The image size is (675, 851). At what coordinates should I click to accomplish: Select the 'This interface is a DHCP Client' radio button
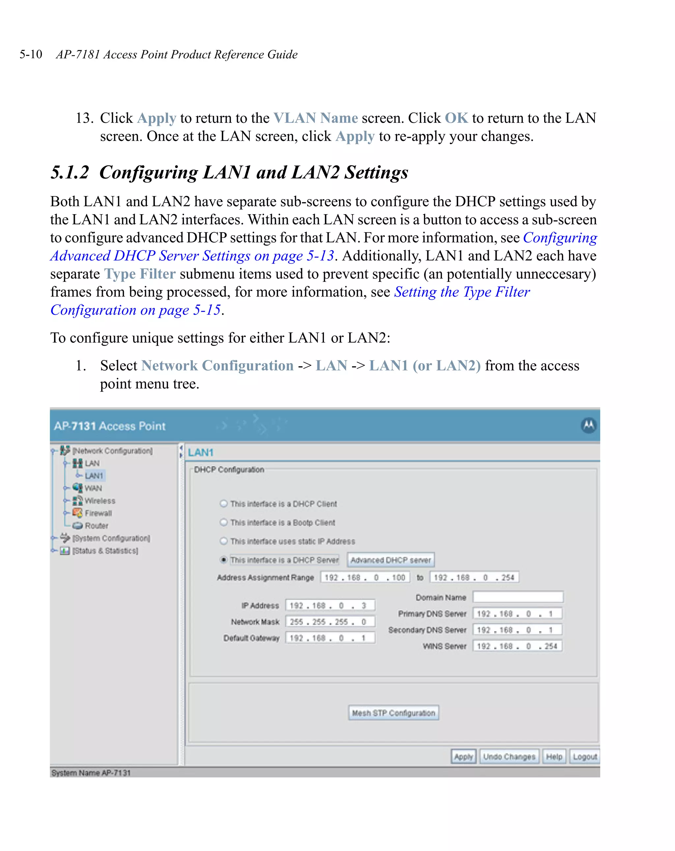coord(223,504)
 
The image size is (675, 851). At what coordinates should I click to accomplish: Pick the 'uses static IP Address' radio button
coord(223,541)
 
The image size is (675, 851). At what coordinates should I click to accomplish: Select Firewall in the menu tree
coord(98,513)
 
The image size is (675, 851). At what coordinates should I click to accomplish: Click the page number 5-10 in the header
coord(31,54)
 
